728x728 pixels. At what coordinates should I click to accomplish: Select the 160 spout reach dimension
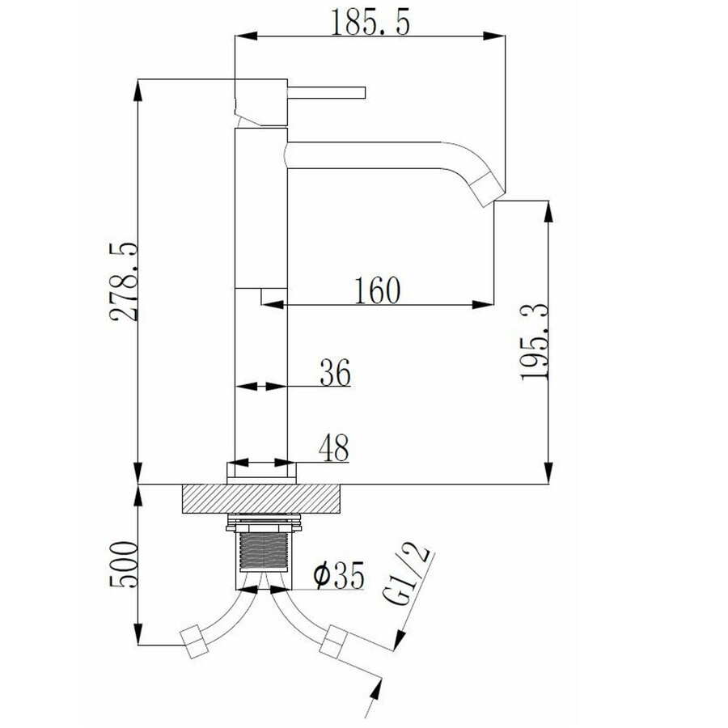376,290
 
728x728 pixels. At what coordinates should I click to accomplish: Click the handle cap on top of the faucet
260,101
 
